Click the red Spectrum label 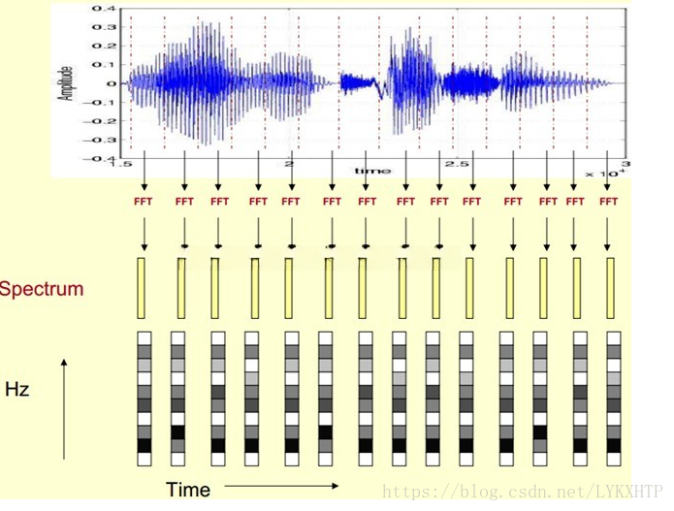41,288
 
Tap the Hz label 16,390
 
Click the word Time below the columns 188,490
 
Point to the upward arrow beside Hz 64,407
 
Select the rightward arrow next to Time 282,485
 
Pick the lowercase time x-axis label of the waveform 372,171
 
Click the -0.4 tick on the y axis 100,157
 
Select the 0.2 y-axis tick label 103,46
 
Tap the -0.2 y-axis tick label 100,120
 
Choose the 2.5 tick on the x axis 457,166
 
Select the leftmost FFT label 143,202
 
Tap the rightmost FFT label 608,202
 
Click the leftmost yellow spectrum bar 143,287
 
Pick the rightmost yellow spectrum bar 610,287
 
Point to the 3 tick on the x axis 626,166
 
